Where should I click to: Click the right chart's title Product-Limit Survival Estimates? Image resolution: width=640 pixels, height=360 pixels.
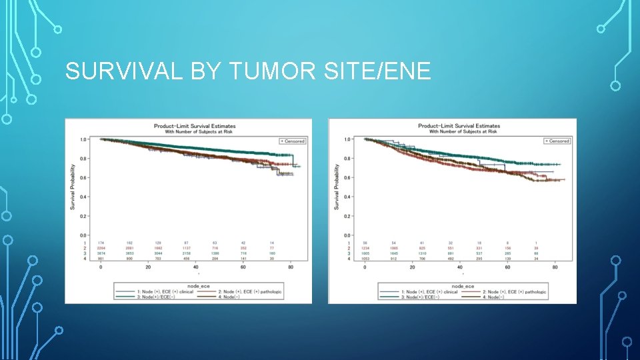pos(459,126)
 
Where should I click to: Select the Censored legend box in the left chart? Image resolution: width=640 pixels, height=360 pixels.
pos(292,141)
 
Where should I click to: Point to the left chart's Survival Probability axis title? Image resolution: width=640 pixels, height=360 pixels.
pos(73,187)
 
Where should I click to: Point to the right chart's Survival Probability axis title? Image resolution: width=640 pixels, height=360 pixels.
pos(337,187)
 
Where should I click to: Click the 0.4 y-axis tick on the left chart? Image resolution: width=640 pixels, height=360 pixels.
pos(83,197)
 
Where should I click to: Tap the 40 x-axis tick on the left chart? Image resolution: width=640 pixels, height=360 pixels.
pos(196,267)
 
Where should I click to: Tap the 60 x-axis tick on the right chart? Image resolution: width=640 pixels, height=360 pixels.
pos(508,267)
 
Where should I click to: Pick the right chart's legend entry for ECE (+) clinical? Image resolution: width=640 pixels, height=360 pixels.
pos(428,291)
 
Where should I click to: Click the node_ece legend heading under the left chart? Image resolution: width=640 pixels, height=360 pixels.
pos(198,285)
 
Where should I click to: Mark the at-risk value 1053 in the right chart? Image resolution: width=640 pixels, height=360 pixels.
pos(365,259)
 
